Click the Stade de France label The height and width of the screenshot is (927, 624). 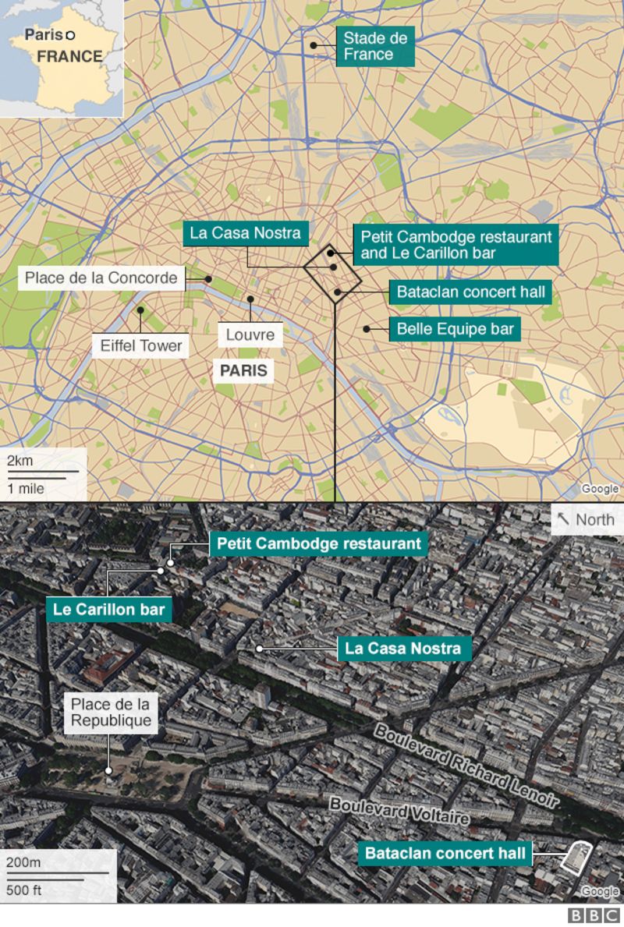(374, 46)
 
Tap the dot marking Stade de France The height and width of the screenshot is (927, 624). (314, 45)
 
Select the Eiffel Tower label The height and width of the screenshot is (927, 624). (141, 345)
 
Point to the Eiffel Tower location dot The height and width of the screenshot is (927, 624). (140, 310)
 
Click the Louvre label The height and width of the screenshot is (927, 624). (250, 334)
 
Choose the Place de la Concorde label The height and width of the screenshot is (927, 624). (101, 278)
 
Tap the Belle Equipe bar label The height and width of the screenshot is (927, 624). (456, 329)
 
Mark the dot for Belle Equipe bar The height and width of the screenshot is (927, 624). (365, 328)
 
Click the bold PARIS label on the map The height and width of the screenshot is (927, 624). (243, 370)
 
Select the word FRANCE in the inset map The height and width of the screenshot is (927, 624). (69, 56)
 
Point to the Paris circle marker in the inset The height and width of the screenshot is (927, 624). (69, 34)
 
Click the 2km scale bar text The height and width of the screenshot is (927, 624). (20, 461)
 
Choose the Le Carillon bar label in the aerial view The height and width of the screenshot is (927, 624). (108, 610)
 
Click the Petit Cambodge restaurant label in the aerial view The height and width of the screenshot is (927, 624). (318, 543)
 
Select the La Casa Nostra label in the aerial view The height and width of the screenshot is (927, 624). (403, 648)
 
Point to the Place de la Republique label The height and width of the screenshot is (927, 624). (111, 711)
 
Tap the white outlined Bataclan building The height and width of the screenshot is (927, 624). (576, 858)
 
